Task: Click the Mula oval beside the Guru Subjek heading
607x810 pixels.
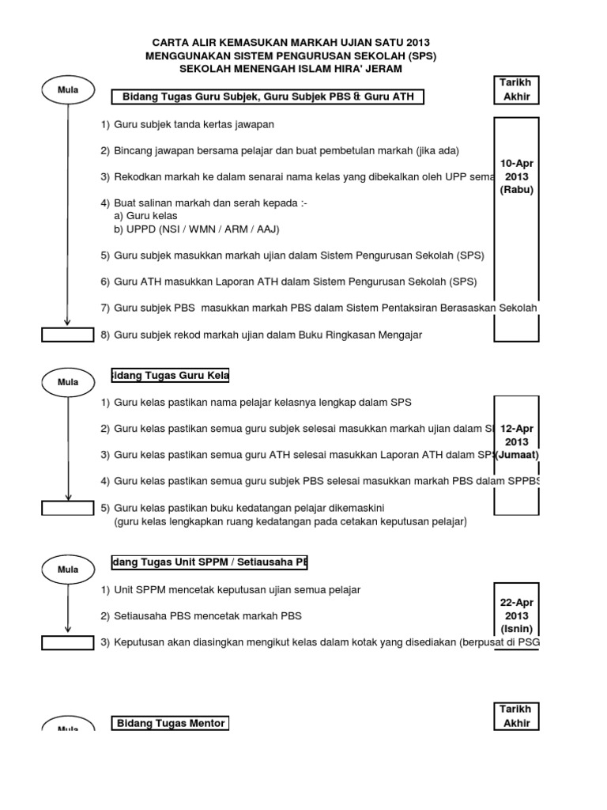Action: coord(67,90)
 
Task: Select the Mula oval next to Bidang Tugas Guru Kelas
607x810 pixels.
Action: coord(67,382)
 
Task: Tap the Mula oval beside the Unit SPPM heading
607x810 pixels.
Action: coord(67,569)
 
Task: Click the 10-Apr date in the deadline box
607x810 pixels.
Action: coord(517,162)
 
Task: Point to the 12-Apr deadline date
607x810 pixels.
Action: coord(517,428)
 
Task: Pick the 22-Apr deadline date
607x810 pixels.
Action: coord(517,602)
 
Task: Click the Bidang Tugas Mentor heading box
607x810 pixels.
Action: coord(170,723)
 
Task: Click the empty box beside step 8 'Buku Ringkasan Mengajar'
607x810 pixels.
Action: coord(67,335)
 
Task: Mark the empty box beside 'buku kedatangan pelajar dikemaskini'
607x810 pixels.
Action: coord(67,508)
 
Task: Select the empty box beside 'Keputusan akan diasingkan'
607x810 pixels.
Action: coord(67,642)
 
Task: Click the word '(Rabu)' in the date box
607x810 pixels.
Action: coord(517,190)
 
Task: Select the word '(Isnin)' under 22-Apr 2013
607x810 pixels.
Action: coord(517,630)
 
